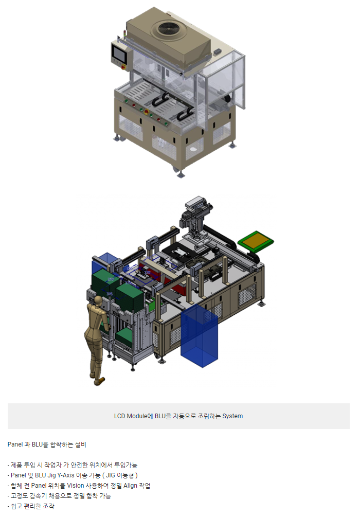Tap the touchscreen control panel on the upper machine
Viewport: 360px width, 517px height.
point(118,54)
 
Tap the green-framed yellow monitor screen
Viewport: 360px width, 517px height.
point(256,240)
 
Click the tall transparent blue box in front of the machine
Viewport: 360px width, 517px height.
point(199,334)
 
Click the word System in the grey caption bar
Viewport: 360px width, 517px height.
point(232,416)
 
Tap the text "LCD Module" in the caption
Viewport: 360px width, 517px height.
point(131,416)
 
